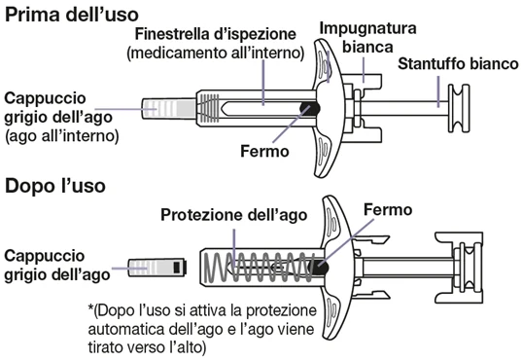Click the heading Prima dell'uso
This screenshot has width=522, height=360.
pyautogui.click(x=72, y=15)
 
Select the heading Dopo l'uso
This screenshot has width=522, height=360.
pyautogui.click(x=55, y=185)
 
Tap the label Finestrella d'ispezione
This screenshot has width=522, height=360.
pyautogui.click(x=216, y=34)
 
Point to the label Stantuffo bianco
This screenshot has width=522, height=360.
pyautogui.click(x=459, y=63)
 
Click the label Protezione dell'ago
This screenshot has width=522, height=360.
pyautogui.click(x=233, y=215)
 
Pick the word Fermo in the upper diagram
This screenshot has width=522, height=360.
pyautogui.click(x=264, y=151)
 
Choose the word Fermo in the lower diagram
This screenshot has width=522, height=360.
pyautogui.click(x=388, y=209)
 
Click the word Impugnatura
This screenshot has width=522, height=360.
pyautogui.click(x=367, y=28)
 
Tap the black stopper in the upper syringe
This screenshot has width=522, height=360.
pyautogui.click(x=310, y=108)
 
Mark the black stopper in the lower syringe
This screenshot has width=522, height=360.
pyautogui.click(x=318, y=267)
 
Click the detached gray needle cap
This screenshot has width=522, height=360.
pyautogui.click(x=157, y=267)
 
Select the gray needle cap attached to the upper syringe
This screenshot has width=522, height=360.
pyautogui.click(x=169, y=108)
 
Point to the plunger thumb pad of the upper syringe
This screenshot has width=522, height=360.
pyautogui.click(x=459, y=108)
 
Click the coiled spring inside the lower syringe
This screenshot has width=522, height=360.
pyautogui.click(x=260, y=267)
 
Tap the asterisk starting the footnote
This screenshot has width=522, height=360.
pyautogui.click(x=90, y=308)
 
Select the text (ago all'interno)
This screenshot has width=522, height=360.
pyautogui.click(x=62, y=136)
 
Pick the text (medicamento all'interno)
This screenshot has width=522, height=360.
pyautogui.click(x=216, y=53)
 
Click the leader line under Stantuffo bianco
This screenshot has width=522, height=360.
pyautogui.click(x=438, y=91)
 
